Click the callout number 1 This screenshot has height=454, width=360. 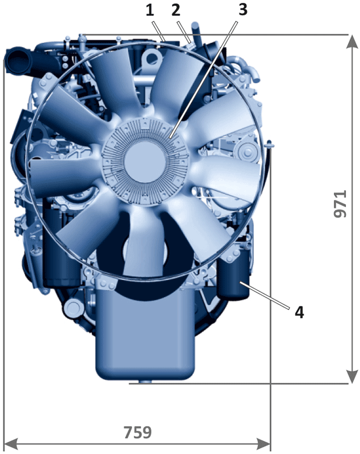(x=150, y=10)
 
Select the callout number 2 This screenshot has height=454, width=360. (x=176, y=10)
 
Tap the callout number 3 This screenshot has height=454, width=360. (x=243, y=10)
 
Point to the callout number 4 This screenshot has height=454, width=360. (x=299, y=313)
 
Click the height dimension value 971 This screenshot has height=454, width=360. (x=340, y=204)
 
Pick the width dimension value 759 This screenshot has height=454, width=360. (x=138, y=432)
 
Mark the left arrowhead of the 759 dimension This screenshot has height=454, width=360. (x=11, y=444)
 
